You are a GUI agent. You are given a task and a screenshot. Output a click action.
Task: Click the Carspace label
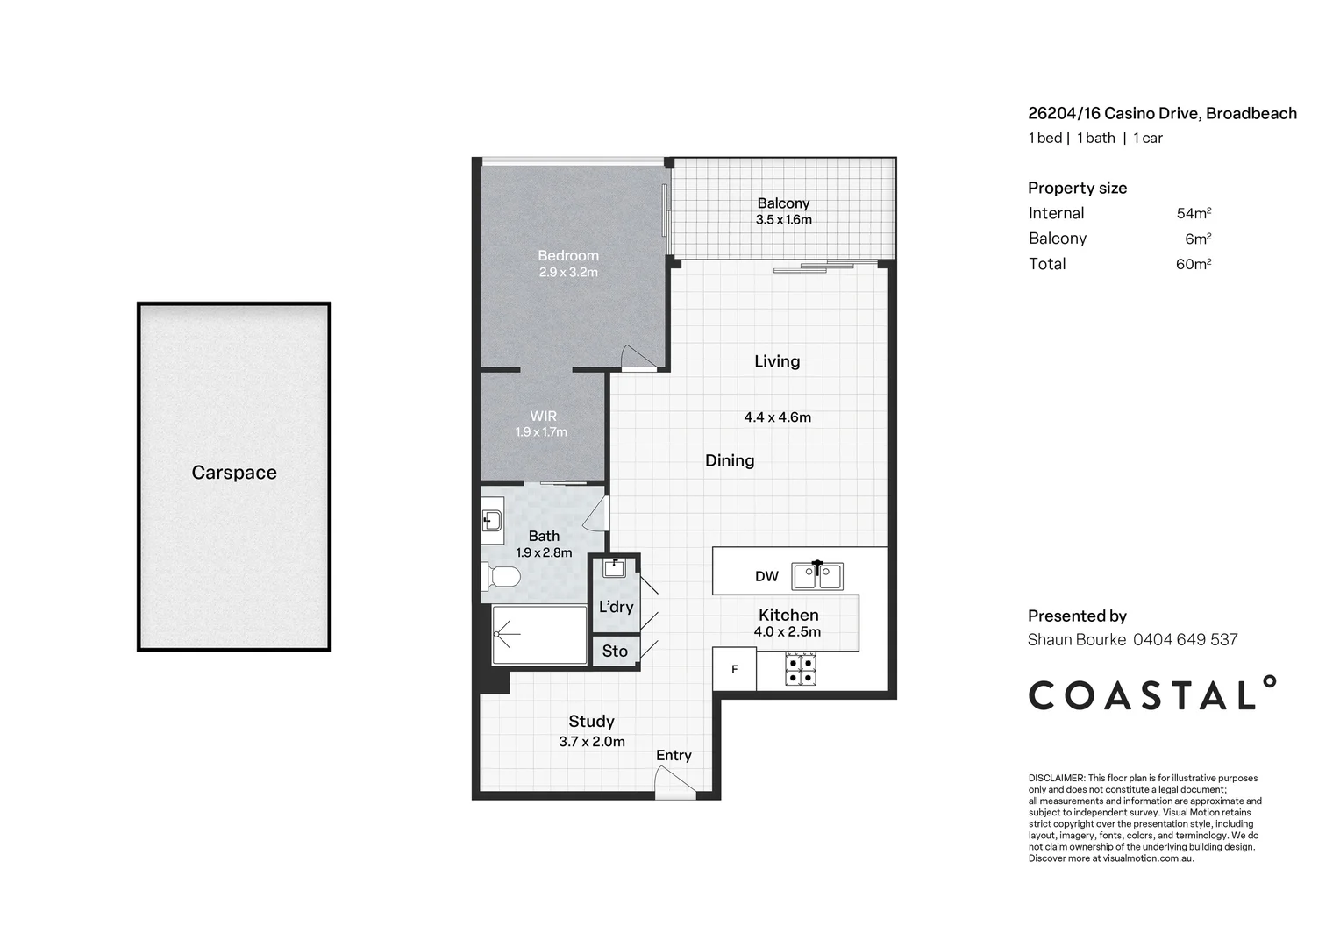tap(234, 473)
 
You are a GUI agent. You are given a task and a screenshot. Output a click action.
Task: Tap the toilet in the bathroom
tap(502, 577)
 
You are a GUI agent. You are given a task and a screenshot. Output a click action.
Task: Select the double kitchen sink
tap(817, 576)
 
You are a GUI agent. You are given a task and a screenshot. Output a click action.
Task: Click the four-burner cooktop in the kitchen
tap(801, 669)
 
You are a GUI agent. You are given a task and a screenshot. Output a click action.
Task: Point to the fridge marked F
tap(735, 669)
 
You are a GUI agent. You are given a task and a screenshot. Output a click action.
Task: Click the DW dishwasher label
tap(766, 576)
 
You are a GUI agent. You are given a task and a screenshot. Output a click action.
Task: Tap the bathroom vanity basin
tap(492, 521)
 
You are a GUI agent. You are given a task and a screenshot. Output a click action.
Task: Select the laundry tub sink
tap(615, 567)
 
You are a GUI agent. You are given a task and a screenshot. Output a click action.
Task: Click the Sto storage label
tap(615, 651)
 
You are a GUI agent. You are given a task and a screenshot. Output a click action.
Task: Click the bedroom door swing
tap(639, 357)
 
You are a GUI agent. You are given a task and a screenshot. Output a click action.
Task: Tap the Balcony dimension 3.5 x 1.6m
tap(784, 219)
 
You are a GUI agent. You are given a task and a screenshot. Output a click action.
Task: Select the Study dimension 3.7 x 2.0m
tap(592, 742)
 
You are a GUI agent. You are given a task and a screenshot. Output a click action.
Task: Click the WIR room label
tap(543, 416)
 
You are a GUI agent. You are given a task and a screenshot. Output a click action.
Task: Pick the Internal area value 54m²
tap(1194, 213)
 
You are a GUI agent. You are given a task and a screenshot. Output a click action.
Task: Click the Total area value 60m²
tap(1194, 264)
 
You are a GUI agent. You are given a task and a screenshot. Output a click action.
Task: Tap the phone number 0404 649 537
tap(1185, 639)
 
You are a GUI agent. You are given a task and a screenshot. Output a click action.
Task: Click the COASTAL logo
tap(1152, 694)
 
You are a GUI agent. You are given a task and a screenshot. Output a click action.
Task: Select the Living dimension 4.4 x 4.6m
tap(778, 417)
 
